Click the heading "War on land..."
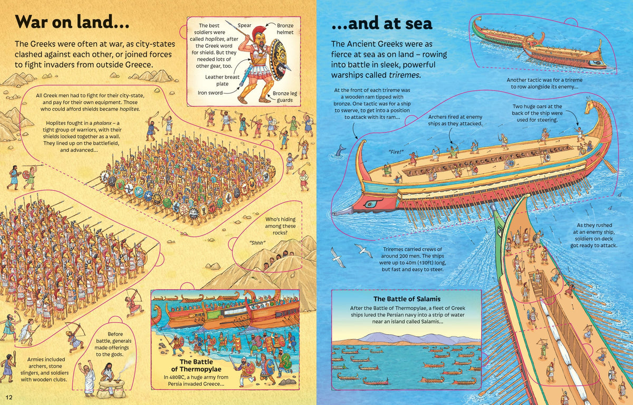[72, 22]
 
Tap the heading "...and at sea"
[381, 23]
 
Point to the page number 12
[9, 397]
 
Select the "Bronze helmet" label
[285, 29]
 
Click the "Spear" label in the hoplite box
[244, 25]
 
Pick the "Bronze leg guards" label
[283, 97]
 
